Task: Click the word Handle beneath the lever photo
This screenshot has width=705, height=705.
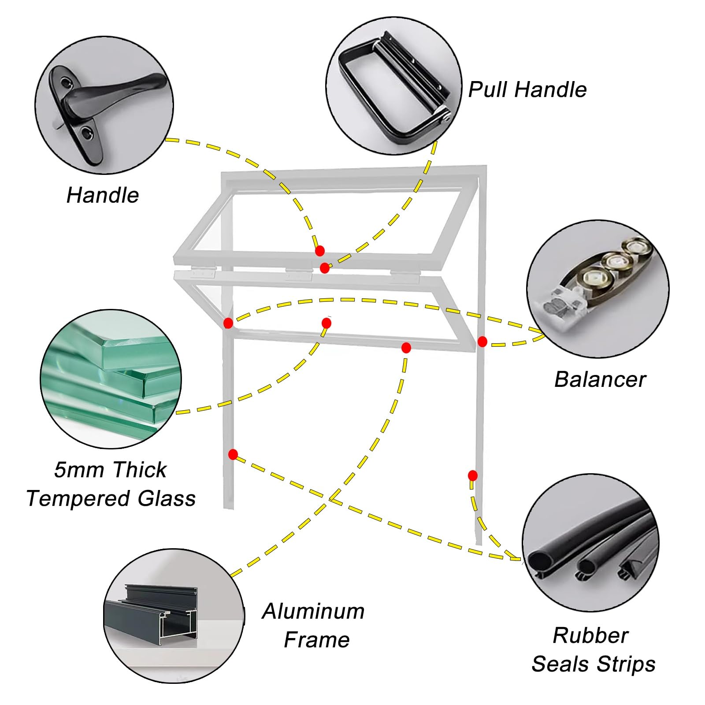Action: pyautogui.click(x=103, y=195)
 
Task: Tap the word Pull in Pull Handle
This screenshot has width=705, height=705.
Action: pyautogui.click(x=487, y=89)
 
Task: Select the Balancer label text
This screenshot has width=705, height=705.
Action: pyautogui.click(x=600, y=379)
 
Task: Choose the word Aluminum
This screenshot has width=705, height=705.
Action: pyautogui.click(x=313, y=611)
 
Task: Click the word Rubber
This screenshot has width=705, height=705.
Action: pyautogui.click(x=590, y=635)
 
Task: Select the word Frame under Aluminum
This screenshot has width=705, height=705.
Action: pyautogui.click(x=317, y=640)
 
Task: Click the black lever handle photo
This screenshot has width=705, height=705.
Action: pyautogui.click(x=104, y=105)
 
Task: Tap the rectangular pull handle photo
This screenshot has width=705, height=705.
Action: pyautogui.click(x=394, y=86)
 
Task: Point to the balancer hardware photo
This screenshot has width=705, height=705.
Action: pyautogui.click(x=598, y=289)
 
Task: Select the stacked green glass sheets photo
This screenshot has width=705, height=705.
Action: pyautogui.click(x=111, y=379)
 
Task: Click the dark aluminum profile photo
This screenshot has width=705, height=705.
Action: pyautogui.click(x=174, y=616)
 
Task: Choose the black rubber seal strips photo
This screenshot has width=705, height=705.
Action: pyautogui.click(x=590, y=542)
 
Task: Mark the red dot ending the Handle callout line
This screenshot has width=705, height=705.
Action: pyautogui.click(x=320, y=251)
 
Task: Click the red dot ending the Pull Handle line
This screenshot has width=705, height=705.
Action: pyautogui.click(x=324, y=268)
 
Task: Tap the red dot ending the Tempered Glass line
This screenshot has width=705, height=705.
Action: pyautogui.click(x=327, y=323)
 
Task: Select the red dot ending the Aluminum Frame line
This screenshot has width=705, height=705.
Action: pyautogui.click(x=406, y=348)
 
